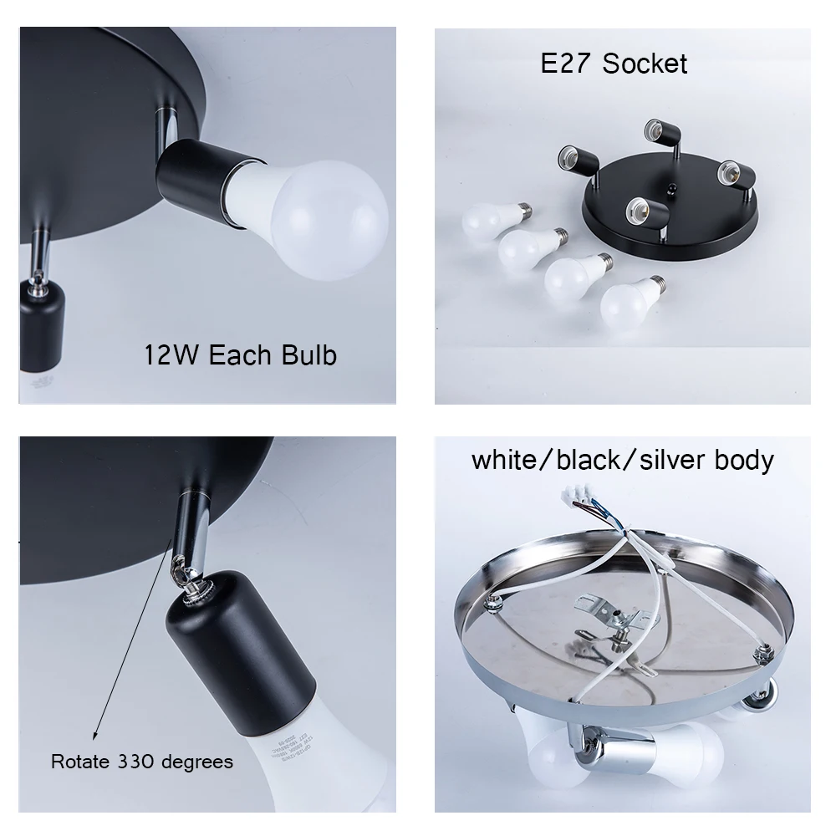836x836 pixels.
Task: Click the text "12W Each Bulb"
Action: coord(241,354)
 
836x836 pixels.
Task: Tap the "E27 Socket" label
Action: coord(614,64)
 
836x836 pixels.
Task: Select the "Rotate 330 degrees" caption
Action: coord(141,762)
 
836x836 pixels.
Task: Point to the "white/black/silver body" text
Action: coord(623,459)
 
